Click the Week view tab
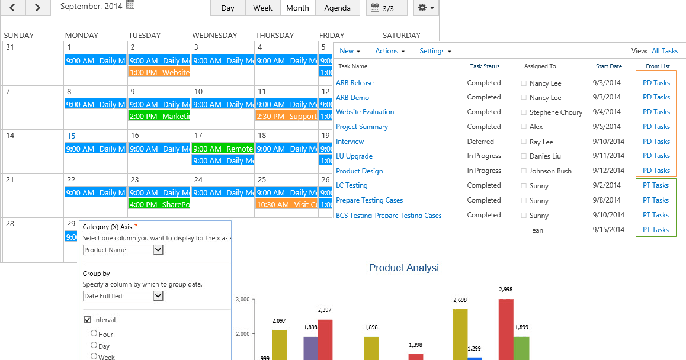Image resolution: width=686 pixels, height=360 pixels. point(262,8)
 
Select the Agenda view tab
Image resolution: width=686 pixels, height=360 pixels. point(337,8)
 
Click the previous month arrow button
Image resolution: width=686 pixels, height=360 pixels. point(13,8)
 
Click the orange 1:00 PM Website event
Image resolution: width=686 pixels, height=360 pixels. point(159,72)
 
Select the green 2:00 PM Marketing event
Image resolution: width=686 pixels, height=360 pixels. point(159,116)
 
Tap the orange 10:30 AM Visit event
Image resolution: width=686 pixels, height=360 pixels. point(286,204)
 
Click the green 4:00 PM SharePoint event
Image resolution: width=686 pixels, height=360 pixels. point(159,204)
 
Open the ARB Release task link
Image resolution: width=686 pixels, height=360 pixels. point(354,83)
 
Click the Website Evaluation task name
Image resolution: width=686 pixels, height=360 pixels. point(365,112)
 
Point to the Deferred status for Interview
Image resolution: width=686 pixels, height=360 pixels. point(480,142)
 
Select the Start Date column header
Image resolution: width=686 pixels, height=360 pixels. point(608,66)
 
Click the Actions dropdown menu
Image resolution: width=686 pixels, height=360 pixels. point(390,51)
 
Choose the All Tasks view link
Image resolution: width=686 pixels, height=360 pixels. point(665,51)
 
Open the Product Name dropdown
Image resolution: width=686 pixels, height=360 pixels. point(123,250)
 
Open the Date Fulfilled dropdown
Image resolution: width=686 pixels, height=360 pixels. point(123,296)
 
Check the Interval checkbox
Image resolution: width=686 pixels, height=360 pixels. point(88,320)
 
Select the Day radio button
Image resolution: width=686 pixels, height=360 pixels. point(94,345)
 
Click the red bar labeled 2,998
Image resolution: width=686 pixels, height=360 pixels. point(506,329)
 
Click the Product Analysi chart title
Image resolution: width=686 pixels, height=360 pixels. point(403,268)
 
